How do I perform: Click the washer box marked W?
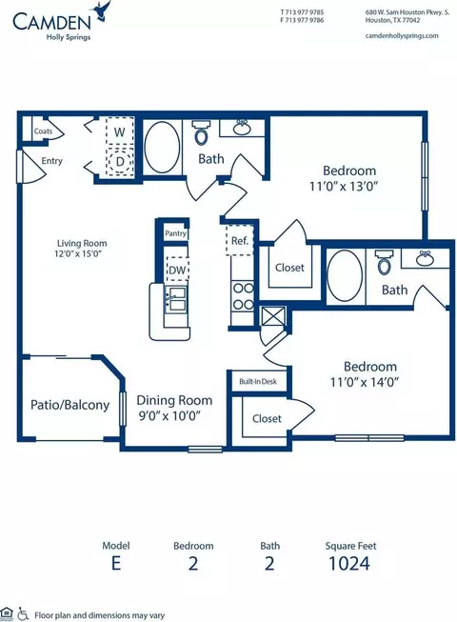click(x=120, y=131)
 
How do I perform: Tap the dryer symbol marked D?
click(x=120, y=161)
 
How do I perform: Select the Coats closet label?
click(x=43, y=131)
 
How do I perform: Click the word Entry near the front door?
click(x=52, y=161)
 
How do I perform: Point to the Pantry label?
click(x=175, y=233)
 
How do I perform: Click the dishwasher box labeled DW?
click(x=177, y=270)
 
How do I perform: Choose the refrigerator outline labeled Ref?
click(x=239, y=240)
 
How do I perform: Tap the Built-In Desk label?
click(x=258, y=382)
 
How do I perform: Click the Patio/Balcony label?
click(x=70, y=405)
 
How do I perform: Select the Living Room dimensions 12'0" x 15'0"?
click(x=81, y=253)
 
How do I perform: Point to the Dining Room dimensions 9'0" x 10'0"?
click(x=169, y=415)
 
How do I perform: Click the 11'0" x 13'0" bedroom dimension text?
click(x=344, y=186)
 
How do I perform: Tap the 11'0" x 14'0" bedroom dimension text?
click(x=365, y=382)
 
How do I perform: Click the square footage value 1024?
click(x=349, y=563)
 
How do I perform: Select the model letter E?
click(x=116, y=563)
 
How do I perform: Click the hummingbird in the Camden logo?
click(x=101, y=10)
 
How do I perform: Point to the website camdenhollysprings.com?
click(x=402, y=35)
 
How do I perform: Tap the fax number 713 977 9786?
click(x=305, y=20)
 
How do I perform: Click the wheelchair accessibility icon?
click(x=23, y=614)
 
